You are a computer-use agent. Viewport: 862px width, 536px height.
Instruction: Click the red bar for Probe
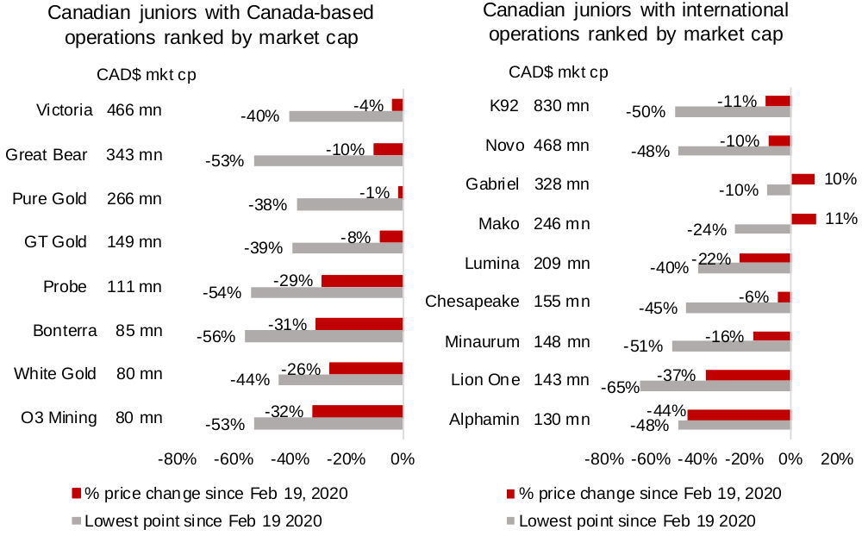pyautogui.click(x=362, y=281)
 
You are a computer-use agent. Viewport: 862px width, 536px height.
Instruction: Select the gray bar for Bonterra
pyautogui.click(x=323, y=336)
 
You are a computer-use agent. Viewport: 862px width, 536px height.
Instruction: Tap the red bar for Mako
pyautogui.click(x=803, y=219)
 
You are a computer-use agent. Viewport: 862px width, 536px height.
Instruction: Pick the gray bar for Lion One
pyautogui.click(x=715, y=387)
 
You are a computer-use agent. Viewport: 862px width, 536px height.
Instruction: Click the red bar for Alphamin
pyautogui.click(x=739, y=414)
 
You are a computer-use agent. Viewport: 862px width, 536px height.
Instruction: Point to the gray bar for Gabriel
pyautogui.click(x=778, y=190)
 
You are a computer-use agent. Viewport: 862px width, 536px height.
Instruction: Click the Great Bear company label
pyautogui.click(x=47, y=155)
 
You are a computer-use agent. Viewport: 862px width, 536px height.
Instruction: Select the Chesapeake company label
pyautogui.click(x=472, y=302)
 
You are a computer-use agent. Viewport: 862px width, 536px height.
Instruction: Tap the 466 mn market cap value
pyautogui.click(x=134, y=110)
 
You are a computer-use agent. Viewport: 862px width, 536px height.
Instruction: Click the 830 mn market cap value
pyautogui.click(x=561, y=106)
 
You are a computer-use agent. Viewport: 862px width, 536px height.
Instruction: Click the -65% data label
pyautogui.click(x=620, y=388)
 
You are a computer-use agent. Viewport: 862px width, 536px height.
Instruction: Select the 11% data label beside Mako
pyautogui.click(x=841, y=218)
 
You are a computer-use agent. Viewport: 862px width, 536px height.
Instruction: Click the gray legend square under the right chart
pyautogui.click(x=510, y=520)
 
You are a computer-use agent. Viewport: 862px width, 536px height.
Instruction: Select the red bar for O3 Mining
pyautogui.click(x=357, y=411)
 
